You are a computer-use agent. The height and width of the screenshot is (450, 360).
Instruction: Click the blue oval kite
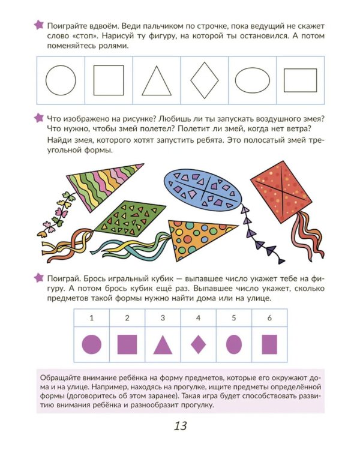[202, 188]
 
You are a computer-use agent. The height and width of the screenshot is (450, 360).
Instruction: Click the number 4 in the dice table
[198, 317]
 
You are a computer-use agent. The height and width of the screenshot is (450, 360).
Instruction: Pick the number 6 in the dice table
[269, 317]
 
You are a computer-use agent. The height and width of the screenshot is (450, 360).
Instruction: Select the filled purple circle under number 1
[92, 344]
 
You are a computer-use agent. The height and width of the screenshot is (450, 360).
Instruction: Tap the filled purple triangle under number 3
[163, 346]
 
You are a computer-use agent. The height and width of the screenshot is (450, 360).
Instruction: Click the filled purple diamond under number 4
[199, 344]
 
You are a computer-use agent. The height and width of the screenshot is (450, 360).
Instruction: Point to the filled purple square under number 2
[127, 344]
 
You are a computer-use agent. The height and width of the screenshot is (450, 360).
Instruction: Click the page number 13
[181, 426]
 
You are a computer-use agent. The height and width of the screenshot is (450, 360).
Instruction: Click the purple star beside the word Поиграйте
[39, 25]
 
